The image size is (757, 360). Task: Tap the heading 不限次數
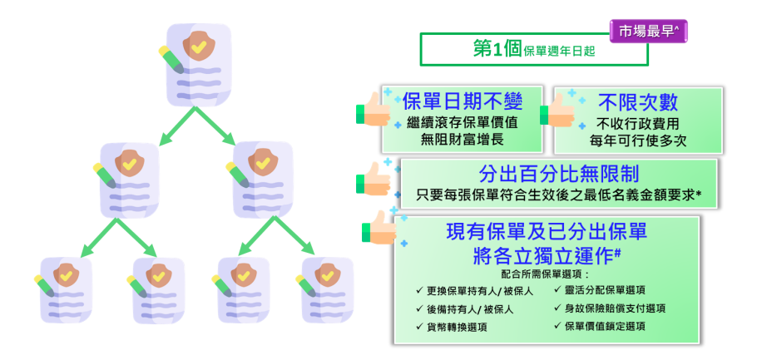637,102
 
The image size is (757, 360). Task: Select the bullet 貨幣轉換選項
457,327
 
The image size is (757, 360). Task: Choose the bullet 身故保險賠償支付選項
615,308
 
